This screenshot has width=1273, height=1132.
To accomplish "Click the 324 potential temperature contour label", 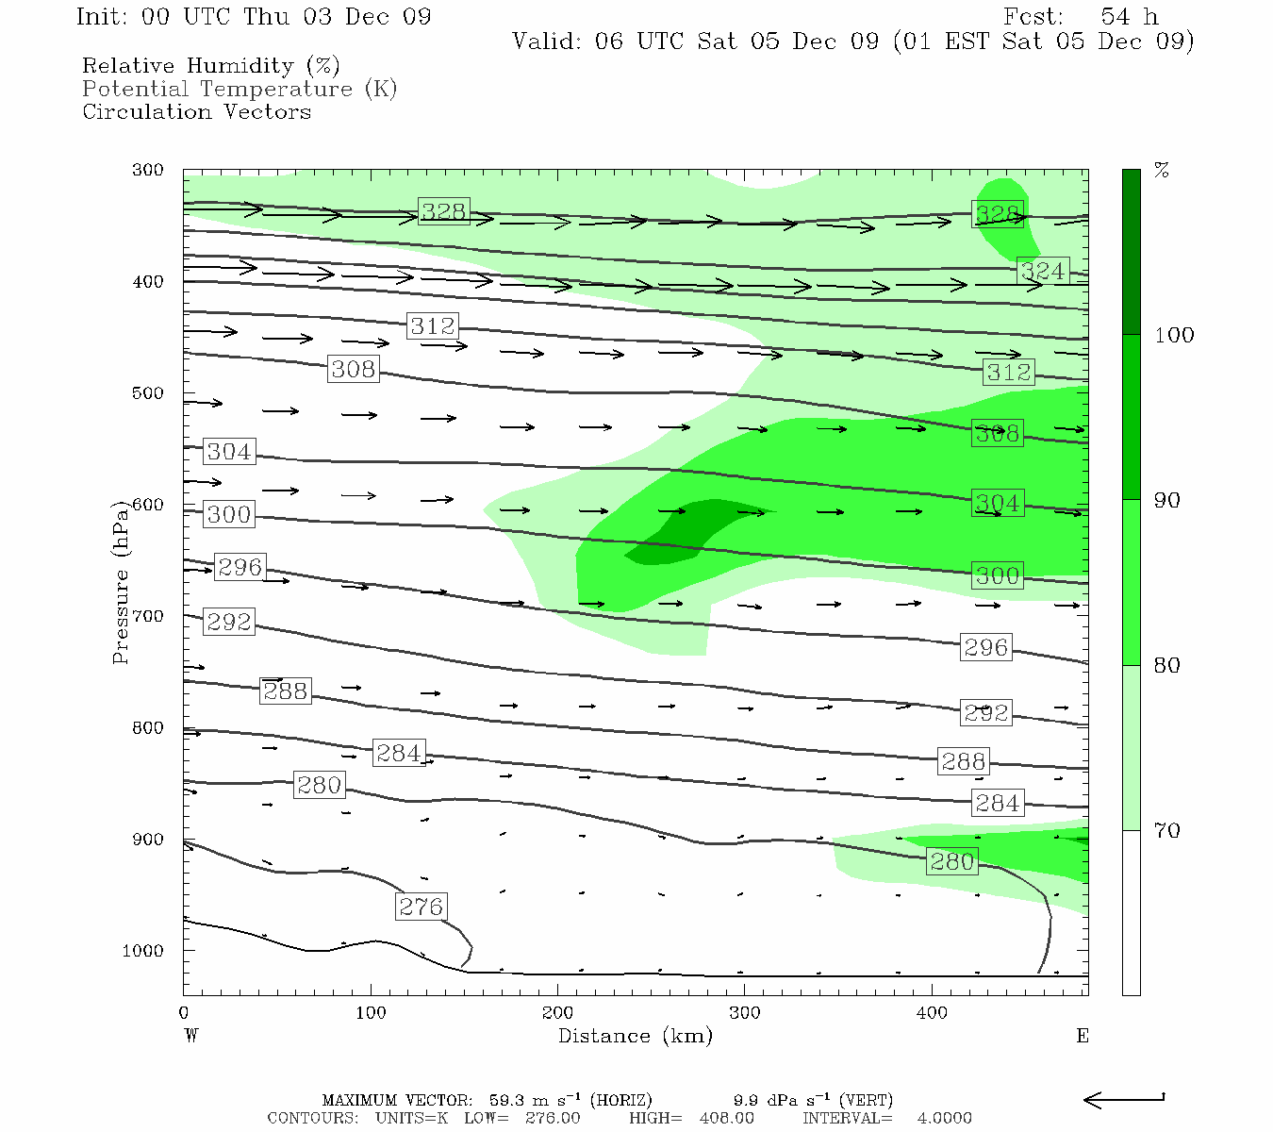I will [1043, 272].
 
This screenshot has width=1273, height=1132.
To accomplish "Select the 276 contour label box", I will [421, 907].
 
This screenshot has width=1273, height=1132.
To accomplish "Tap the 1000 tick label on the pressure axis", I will [143, 951].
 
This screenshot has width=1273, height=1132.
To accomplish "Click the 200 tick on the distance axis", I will [557, 1012].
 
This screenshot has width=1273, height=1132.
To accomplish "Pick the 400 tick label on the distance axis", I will [932, 1012].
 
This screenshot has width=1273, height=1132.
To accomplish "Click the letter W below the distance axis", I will [190, 1036].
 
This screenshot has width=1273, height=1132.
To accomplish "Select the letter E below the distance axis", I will [1083, 1036].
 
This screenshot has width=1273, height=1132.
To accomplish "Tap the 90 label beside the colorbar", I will [1167, 500].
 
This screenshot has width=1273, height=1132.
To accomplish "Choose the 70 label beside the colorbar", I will [1167, 830].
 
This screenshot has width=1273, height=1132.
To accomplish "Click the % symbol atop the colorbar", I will [1163, 170].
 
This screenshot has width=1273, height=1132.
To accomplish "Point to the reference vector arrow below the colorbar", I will [1124, 1099].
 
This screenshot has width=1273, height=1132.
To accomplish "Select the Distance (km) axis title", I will [635, 1036].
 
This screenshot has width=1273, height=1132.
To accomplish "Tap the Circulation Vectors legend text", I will [196, 111].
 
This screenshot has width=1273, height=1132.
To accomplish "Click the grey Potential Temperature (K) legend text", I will [240, 89].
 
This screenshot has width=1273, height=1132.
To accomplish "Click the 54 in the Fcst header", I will [1115, 17].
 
